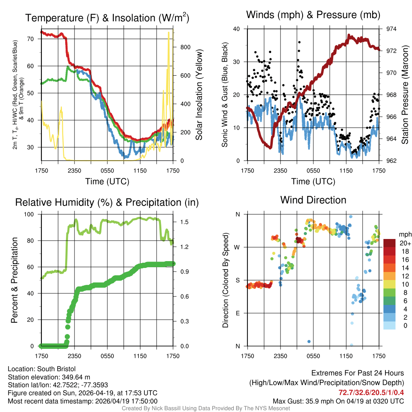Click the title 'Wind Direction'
(x=313, y=200)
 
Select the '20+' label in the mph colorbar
(x=405, y=243)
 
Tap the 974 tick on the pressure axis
(x=391, y=29)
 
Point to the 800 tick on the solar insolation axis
(x=185, y=47)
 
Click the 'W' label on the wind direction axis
(x=237, y=247)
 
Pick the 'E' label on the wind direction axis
(x=237, y=313)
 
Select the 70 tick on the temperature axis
(x=34, y=39)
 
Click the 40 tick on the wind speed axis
(x=236, y=29)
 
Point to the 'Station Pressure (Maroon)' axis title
(x=405, y=95)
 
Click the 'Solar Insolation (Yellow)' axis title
(x=199, y=95)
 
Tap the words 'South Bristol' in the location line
(x=56, y=369)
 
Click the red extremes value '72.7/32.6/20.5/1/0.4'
(x=371, y=392)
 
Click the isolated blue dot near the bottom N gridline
(x=309, y=342)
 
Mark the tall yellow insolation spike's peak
(x=169, y=33)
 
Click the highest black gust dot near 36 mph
(x=299, y=42)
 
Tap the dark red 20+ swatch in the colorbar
(x=389, y=243)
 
